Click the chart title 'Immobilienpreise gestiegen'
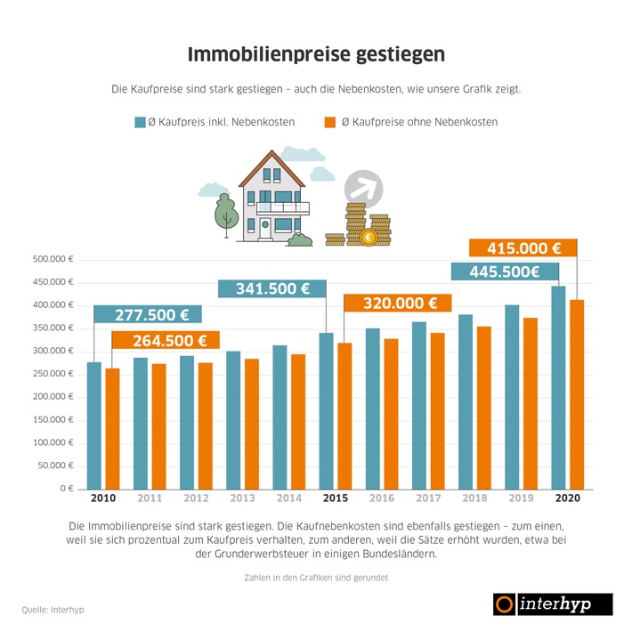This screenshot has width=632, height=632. click(316, 54)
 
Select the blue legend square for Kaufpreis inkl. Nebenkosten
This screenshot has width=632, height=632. click(140, 122)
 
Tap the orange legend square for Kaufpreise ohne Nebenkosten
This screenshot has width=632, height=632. click(328, 122)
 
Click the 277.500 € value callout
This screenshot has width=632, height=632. click(151, 314)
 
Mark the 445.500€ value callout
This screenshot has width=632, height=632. click(505, 271)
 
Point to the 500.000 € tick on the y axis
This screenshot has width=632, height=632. click(53, 260)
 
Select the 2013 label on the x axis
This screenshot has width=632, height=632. click(242, 498)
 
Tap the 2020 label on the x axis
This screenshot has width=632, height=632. click(567, 498)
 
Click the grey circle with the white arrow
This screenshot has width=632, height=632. click(364, 188)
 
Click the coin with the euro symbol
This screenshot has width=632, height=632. click(368, 238)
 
